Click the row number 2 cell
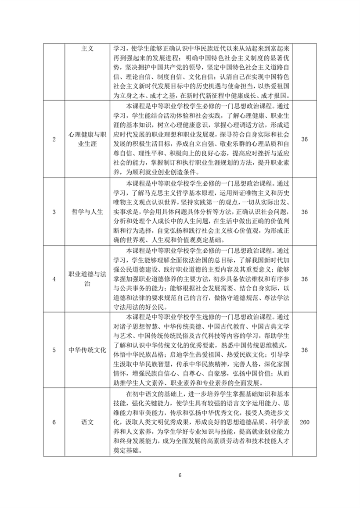pyautogui.click(x=54, y=139)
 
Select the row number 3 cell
pyautogui.click(x=54, y=212)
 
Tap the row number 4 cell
pyautogui.click(x=54, y=280)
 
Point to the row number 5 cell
pyautogui.click(x=54, y=350)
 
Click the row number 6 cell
pyautogui.click(x=54, y=422)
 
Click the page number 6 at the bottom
pyautogui.click(x=180, y=476)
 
